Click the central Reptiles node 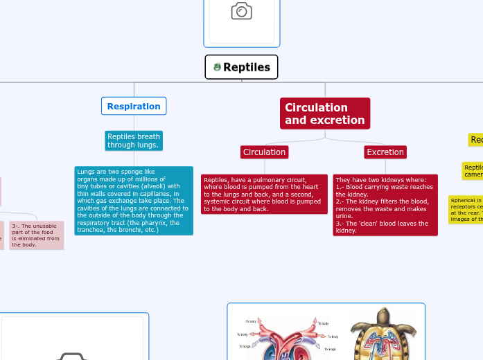tap(241, 67)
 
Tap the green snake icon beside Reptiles tap(217, 67)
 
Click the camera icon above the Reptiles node tap(241, 11)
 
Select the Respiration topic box tap(134, 106)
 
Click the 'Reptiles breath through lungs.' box tap(134, 141)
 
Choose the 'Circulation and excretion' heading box tap(324, 114)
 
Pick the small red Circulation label tap(264, 152)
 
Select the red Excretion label tap(385, 152)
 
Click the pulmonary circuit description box tap(264, 194)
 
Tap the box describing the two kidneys tap(385, 205)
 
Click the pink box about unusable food tap(36, 235)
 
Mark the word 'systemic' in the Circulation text tap(218, 201)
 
